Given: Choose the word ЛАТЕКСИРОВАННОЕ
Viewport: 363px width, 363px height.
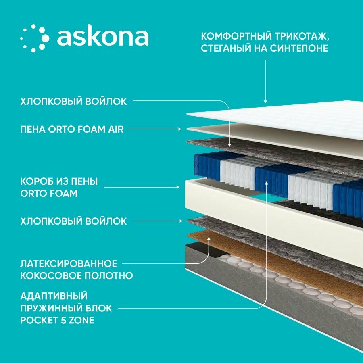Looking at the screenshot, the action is click(69, 264).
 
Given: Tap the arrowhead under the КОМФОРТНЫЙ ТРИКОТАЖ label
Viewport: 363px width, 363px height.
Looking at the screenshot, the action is click(265, 101).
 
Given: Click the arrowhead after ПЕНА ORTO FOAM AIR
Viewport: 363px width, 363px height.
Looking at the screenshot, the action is click(180, 129).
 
